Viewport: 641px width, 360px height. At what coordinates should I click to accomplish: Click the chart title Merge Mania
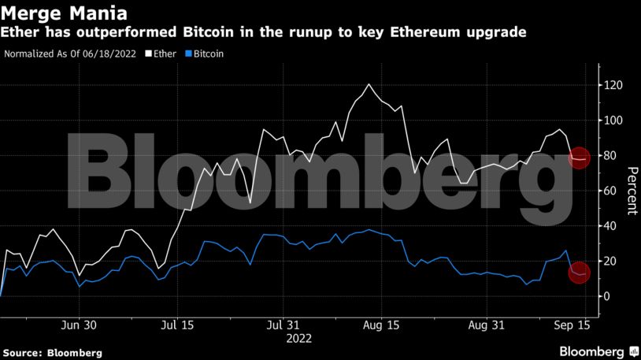65,13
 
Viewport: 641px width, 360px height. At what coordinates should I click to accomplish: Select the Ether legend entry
161,54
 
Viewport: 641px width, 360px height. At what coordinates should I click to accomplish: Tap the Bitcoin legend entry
205,54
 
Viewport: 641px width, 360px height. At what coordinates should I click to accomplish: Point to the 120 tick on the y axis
611,85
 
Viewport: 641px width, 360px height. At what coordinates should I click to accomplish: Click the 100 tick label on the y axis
611,121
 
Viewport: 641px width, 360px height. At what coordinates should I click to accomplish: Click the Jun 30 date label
79,325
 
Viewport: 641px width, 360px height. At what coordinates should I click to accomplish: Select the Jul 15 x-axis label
177,325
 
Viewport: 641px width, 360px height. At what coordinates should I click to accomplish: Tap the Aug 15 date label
381,325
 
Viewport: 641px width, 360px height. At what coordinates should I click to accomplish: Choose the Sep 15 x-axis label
572,325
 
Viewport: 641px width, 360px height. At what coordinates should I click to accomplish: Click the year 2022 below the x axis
298,339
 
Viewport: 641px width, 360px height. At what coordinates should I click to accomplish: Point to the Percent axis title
632,191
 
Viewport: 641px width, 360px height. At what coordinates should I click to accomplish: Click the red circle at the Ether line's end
579,158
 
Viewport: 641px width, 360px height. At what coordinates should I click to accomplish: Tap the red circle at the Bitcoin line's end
579,273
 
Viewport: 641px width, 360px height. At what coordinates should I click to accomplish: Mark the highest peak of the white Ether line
369,84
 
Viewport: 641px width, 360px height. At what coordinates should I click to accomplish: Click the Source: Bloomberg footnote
52,353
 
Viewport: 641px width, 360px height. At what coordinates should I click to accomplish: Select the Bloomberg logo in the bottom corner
598,351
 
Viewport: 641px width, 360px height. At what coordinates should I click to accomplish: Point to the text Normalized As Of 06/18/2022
70,54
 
